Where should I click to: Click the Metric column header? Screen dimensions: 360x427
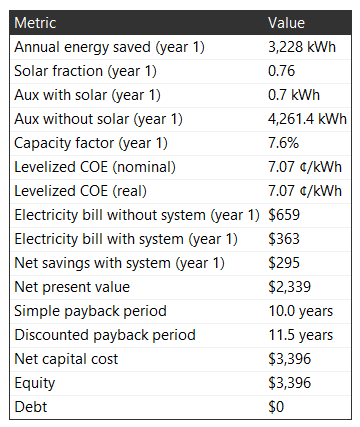(35, 23)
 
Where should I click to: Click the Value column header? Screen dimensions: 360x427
(286, 23)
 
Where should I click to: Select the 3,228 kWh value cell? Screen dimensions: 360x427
(302, 47)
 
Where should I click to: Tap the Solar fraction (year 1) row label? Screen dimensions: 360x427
(85, 71)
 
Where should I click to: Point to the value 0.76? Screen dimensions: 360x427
(282, 71)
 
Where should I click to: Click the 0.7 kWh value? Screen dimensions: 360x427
(294, 95)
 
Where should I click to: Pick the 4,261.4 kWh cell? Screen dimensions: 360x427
(307, 119)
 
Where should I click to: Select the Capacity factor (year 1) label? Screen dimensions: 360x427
(91, 143)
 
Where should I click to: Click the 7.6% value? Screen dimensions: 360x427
(284, 143)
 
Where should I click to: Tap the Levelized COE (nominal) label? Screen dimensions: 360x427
(95, 167)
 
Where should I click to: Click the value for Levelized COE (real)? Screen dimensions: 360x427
(305, 191)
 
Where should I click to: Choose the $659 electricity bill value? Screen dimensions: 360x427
(284, 215)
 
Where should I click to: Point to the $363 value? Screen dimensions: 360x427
(284, 239)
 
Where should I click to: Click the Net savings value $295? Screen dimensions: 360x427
(284, 263)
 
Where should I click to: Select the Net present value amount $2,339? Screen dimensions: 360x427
(290, 287)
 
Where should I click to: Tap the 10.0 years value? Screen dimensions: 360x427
(301, 311)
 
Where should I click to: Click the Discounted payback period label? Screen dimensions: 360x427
(105, 335)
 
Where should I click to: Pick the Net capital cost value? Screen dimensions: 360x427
(290, 359)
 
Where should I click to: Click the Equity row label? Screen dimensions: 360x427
(35, 383)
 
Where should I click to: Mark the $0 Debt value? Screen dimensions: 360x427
(276, 407)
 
